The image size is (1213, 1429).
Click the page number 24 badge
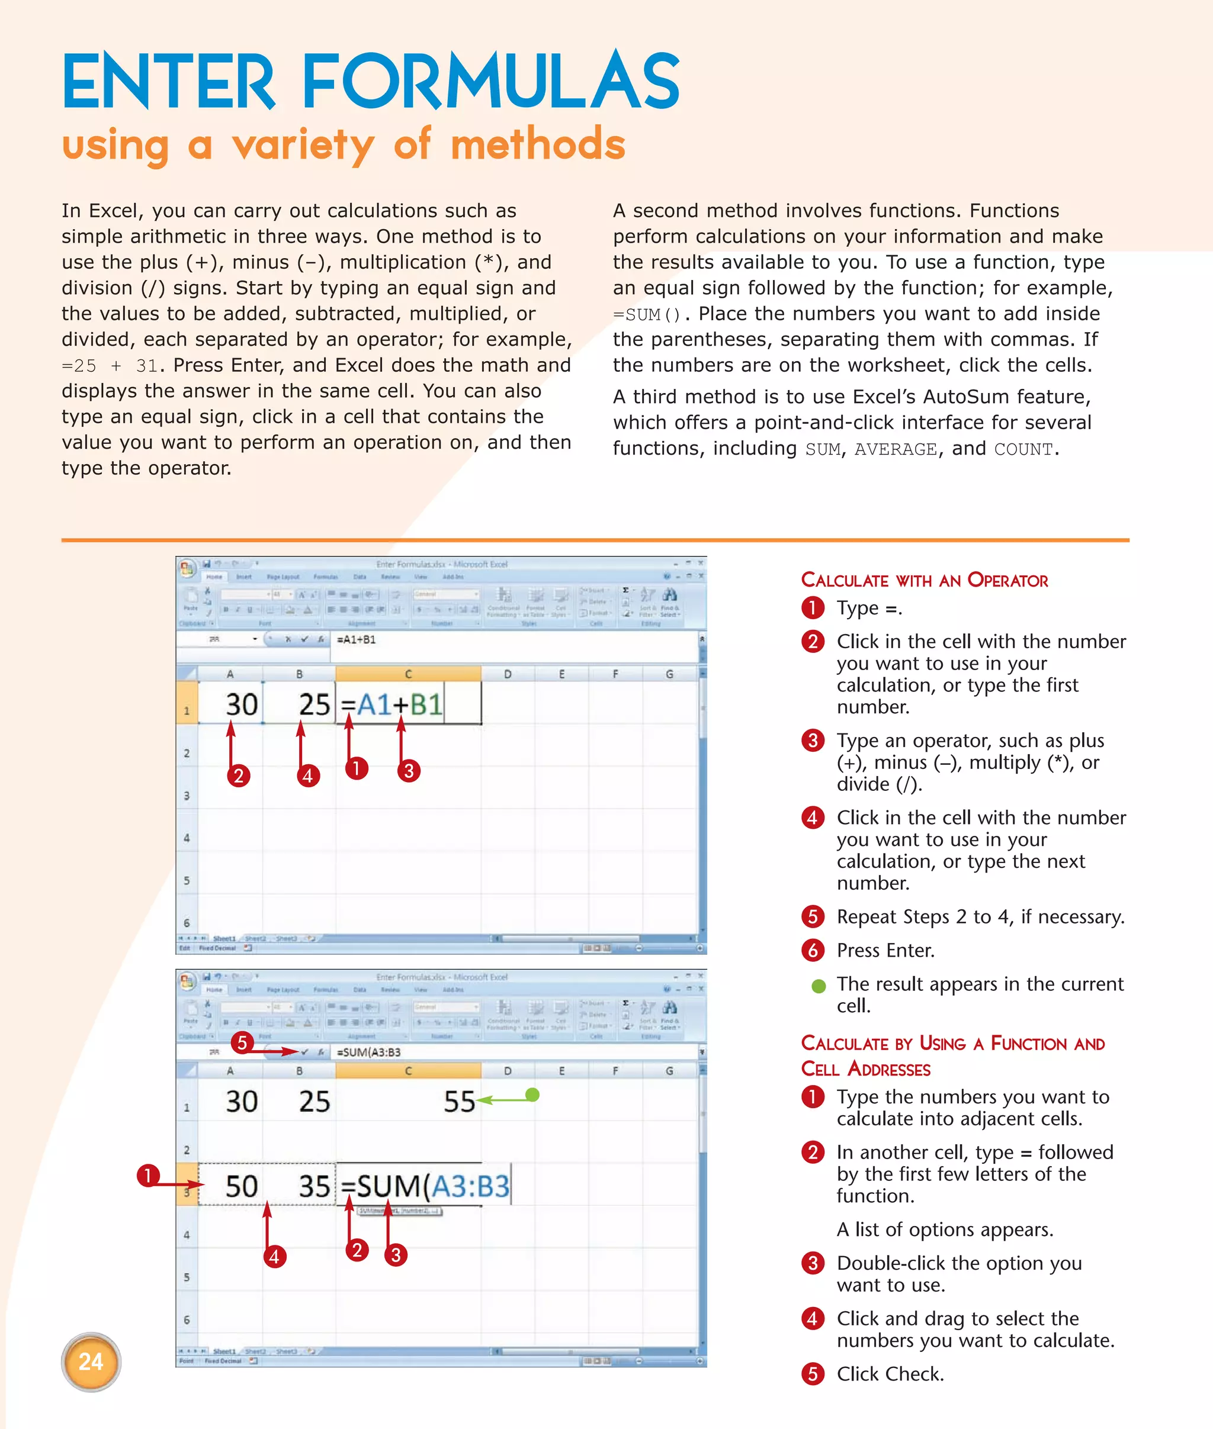coord(91,1361)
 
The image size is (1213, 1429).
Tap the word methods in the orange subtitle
coord(537,144)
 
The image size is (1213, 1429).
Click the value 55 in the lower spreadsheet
coord(458,1102)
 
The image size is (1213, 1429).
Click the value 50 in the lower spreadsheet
coord(242,1186)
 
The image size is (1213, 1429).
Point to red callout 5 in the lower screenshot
coord(242,1042)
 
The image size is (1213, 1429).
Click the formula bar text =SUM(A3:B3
coord(368,1053)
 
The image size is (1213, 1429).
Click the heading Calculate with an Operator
coord(924,580)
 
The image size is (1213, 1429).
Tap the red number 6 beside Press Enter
coord(813,950)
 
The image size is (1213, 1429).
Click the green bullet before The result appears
coord(819,986)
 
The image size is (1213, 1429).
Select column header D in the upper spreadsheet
coord(508,674)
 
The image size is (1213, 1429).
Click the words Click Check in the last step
coord(890,1373)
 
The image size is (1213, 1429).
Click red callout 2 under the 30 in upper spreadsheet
coord(239,775)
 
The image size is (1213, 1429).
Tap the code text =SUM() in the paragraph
coord(646,315)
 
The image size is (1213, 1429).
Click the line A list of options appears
coord(945,1229)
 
